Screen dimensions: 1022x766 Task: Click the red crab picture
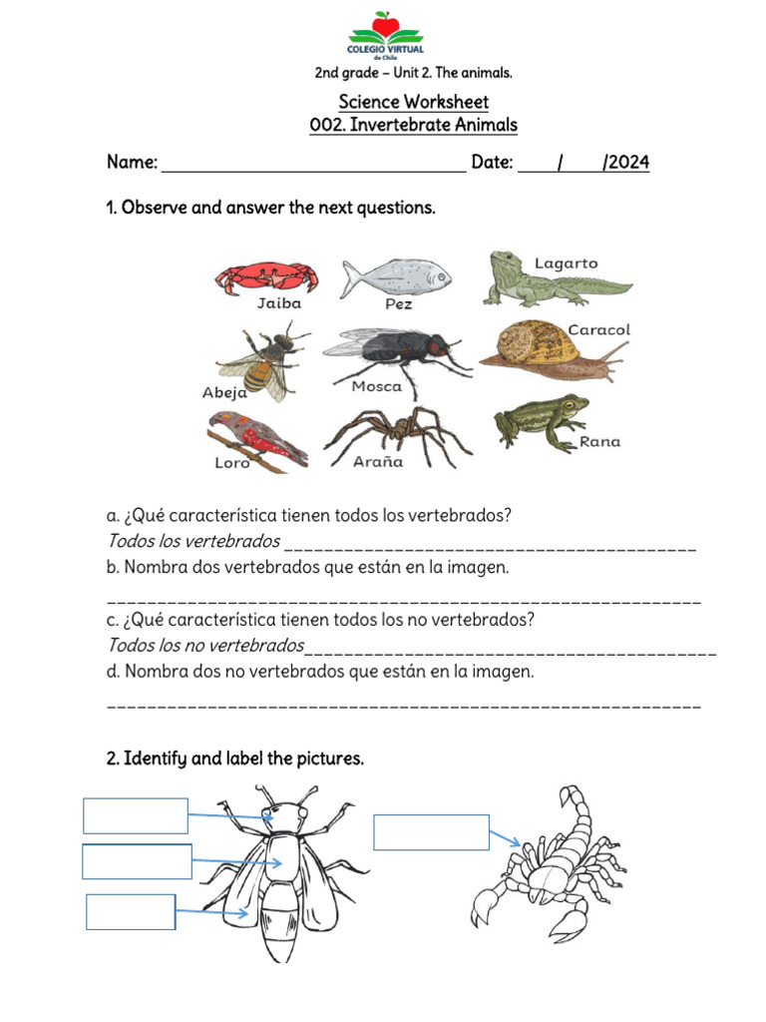pos(266,276)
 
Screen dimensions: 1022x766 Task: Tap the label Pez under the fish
pos(398,304)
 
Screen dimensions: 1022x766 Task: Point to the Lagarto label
pos(566,263)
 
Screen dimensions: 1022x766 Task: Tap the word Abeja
pos(224,393)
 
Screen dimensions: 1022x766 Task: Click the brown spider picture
pos(397,432)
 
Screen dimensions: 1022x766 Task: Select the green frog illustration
pos(539,419)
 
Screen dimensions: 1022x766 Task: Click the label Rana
pos(599,441)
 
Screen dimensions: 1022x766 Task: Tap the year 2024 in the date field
pos(628,163)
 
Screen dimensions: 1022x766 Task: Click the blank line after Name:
pos(313,165)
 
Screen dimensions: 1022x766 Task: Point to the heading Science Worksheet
pos(413,102)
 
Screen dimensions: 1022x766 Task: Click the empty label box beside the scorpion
pos(431,832)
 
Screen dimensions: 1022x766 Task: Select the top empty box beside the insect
pos(136,815)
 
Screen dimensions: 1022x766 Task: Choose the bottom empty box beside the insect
pos(131,912)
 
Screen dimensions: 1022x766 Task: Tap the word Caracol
pos(598,329)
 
